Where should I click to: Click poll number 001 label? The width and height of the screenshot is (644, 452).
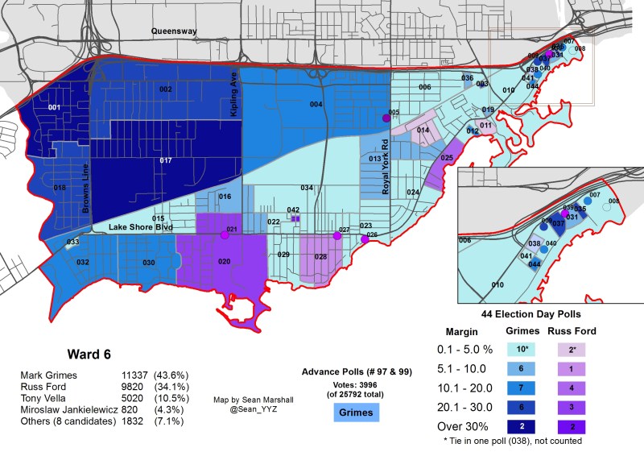(x=55, y=107)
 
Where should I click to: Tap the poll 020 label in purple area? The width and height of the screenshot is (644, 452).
(x=224, y=262)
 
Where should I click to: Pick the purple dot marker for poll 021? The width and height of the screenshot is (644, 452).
(x=224, y=235)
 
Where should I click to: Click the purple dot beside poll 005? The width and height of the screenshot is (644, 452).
(x=386, y=118)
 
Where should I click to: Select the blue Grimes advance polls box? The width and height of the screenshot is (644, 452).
(x=356, y=413)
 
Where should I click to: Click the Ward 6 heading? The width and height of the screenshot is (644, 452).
(x=88, y=354)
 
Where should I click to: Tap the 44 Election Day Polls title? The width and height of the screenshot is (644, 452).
(x=521, y=313)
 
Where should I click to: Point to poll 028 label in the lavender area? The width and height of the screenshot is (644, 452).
(x=320, y=257)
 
